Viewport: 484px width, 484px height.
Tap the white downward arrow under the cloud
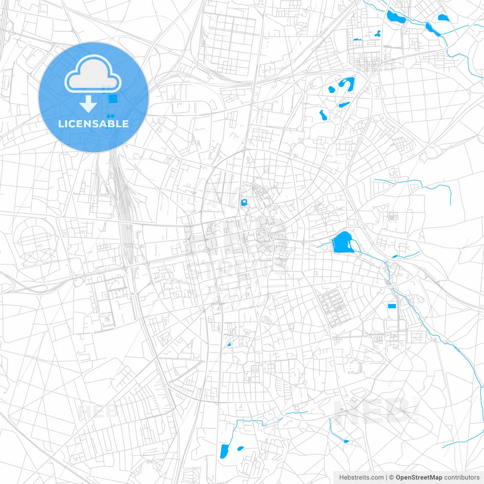[88, 104]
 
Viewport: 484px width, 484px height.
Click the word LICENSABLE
[93, 124]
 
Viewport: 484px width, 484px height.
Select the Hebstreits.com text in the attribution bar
[361, 478]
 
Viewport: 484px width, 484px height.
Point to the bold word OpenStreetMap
[419, 478]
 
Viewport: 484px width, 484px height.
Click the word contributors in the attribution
[462, 478]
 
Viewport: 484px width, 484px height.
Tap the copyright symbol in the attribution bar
[391, 478]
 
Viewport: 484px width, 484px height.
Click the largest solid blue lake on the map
[342, 242]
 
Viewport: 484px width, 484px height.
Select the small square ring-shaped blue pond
[244, 203]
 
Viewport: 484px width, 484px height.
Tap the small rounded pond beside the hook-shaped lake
[332, 90]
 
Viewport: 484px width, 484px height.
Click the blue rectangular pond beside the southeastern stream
[392, 306]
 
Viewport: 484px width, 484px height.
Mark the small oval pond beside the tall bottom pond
[240, 449]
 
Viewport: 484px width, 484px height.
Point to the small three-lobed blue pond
[378, 34]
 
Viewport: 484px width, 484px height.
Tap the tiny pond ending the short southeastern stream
[346, 441]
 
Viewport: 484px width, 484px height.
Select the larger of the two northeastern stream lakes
[395, 17]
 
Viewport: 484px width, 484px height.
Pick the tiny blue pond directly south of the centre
[229, 344]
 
